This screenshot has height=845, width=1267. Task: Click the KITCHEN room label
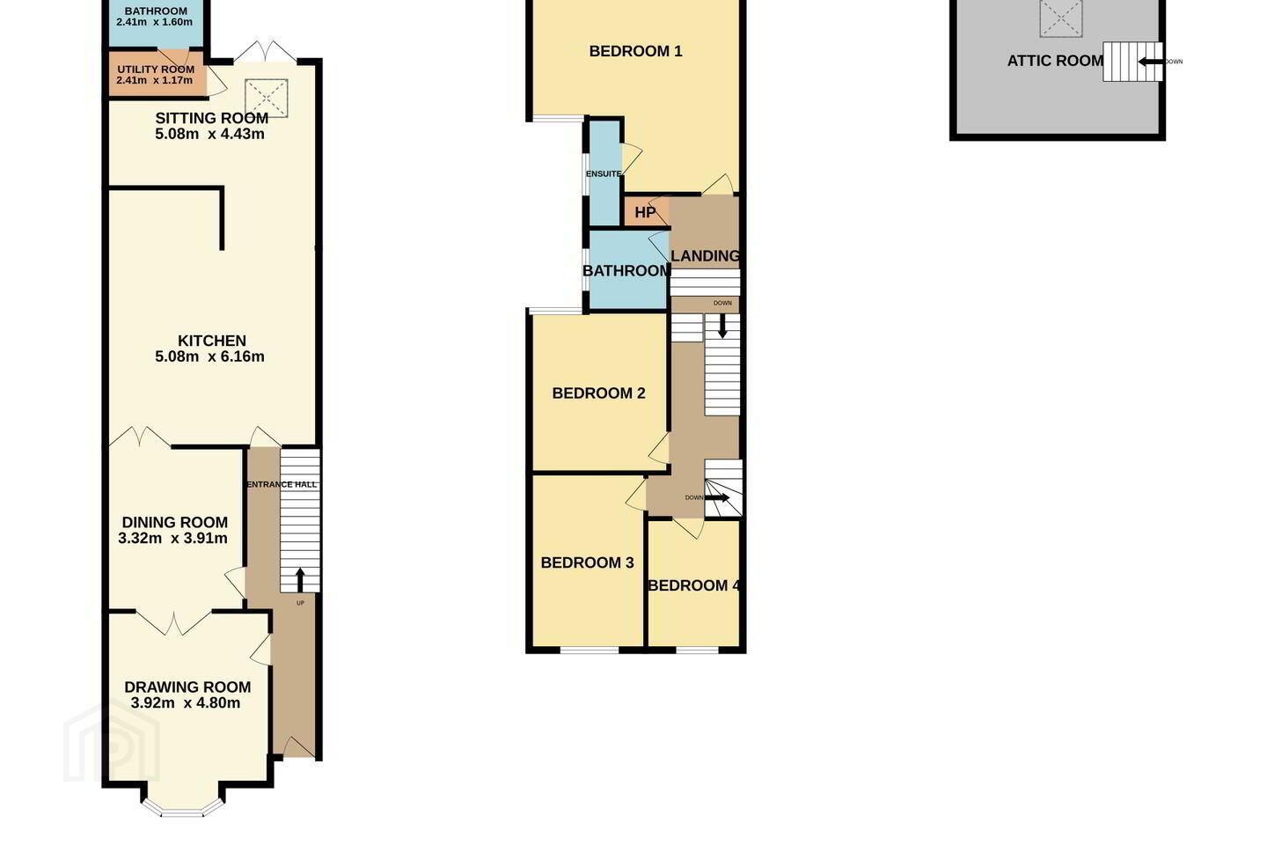click(211, 341)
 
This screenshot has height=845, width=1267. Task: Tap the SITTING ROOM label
click(211, 118)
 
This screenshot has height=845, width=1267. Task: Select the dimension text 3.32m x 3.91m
click(172, 538)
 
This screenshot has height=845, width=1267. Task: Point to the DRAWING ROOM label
click(187, 687)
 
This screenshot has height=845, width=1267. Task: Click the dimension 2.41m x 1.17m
click(155, 80)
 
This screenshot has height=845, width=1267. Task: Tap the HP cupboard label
click(645, 212)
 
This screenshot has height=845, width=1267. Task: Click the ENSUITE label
click(604, 173)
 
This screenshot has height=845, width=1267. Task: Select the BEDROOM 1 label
click(636, 51)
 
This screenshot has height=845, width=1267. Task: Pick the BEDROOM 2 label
click(598, 393)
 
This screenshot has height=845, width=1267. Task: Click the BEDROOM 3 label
click(587, 562)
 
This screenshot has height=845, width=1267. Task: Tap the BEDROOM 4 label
click(694, 585)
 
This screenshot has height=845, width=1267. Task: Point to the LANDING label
click(706, 256)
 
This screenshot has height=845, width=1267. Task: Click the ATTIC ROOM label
click(1055, 61)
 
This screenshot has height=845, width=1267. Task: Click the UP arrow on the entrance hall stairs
click(300, 580)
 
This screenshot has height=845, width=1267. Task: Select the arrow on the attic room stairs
click(1151, 61)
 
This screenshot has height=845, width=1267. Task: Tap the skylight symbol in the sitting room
click(267, 99)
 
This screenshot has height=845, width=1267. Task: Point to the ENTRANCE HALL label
click(282, 484)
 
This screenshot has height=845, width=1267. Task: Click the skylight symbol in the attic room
click(1060, 18)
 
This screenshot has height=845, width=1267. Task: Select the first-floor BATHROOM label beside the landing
click(626, 270)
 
